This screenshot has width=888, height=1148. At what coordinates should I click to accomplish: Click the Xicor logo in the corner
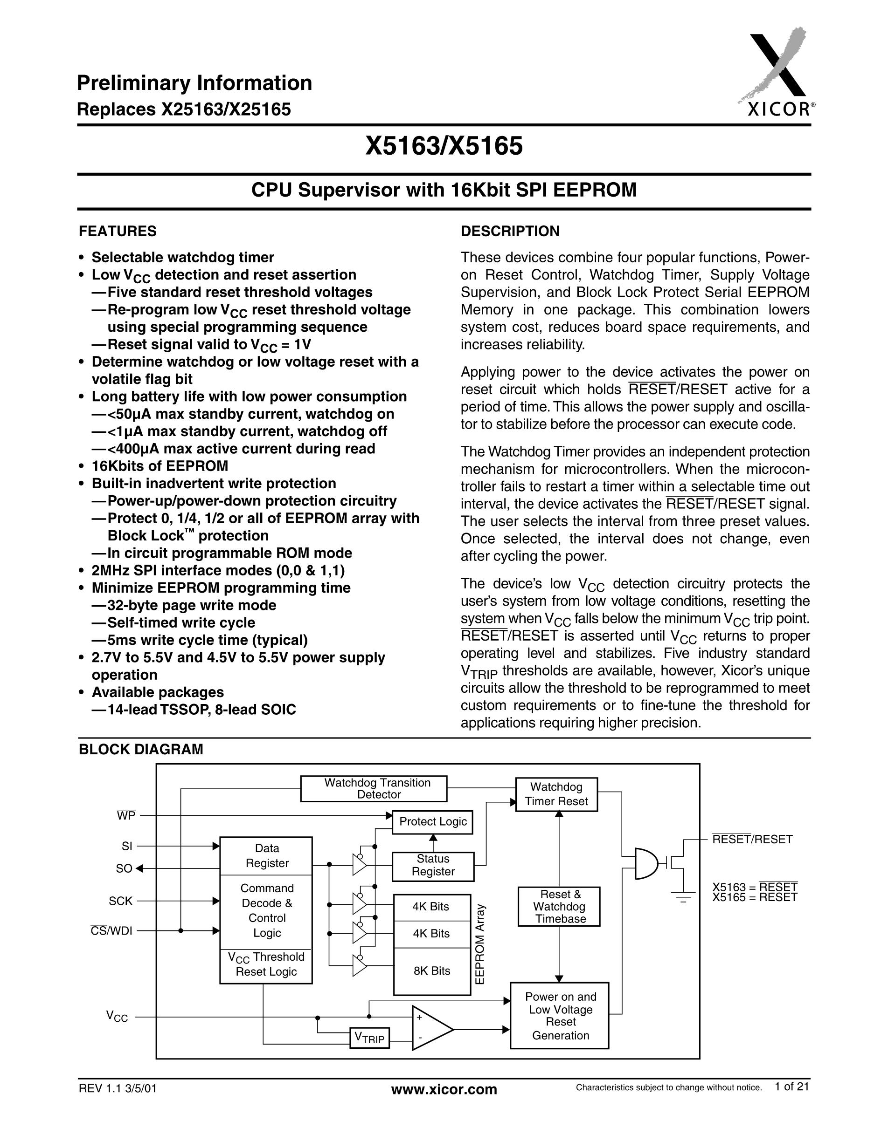click(x=777, y=74)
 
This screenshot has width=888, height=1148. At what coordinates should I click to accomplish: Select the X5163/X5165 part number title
click(x=444, y=146)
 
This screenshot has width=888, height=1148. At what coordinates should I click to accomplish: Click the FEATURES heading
click(x=118, y=231)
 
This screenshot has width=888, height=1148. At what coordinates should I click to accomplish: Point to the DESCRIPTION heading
click(x=510, y=231)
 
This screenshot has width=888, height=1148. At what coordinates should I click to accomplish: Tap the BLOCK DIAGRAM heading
click(x=140, y=749)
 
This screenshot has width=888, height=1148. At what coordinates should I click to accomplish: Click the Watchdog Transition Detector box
click(x=374, y=788)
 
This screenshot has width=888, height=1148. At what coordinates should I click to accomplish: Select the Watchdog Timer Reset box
click(x=556, y=794)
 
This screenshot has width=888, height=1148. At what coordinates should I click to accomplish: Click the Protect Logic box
click(x=432, y=821)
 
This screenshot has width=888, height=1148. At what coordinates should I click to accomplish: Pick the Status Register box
click(x=432, y=865)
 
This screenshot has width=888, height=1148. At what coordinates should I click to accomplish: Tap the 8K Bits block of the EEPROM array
click(x=431, y=971)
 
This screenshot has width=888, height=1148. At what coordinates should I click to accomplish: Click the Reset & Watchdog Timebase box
click(x=559, y=906)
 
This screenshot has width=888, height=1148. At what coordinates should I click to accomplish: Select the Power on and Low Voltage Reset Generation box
click(x=560, y=1016)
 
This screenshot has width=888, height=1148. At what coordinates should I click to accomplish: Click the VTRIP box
click(x=369, y=1038)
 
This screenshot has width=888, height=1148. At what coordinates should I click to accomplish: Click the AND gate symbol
click(x=646, y=863)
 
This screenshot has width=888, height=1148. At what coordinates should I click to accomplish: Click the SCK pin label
click(x=120, y=901)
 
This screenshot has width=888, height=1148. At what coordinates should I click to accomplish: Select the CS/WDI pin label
click(x=111, y=930)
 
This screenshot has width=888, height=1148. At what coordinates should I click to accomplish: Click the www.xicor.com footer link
click(x=444, y=1089)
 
